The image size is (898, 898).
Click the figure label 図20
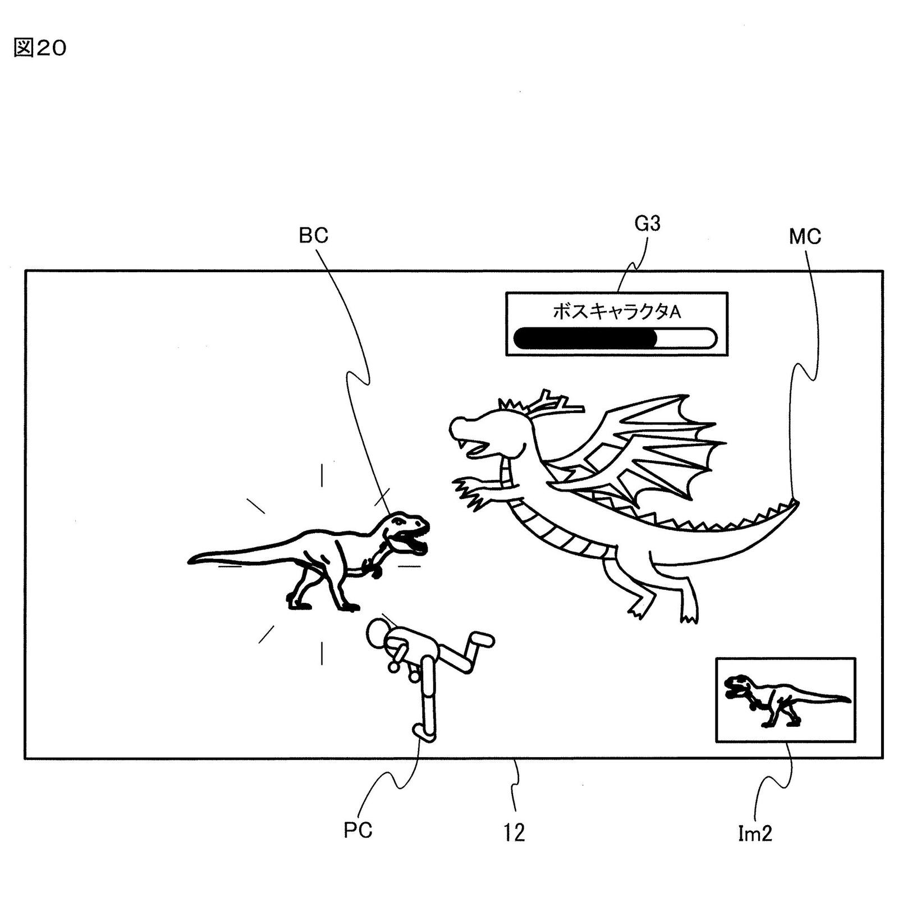pos(39,48)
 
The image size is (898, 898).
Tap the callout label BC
pos(313,236)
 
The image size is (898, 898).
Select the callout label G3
pos(647,224)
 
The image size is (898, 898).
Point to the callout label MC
pos(804,237)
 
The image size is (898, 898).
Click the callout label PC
pos(358,830)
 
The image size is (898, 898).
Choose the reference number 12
pos(514,832)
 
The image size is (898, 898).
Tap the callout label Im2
pos(754,834)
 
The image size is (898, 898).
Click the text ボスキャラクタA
pos(616,311)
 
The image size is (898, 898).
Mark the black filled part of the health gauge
pos(584,338)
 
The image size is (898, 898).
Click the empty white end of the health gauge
pos(688,338)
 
